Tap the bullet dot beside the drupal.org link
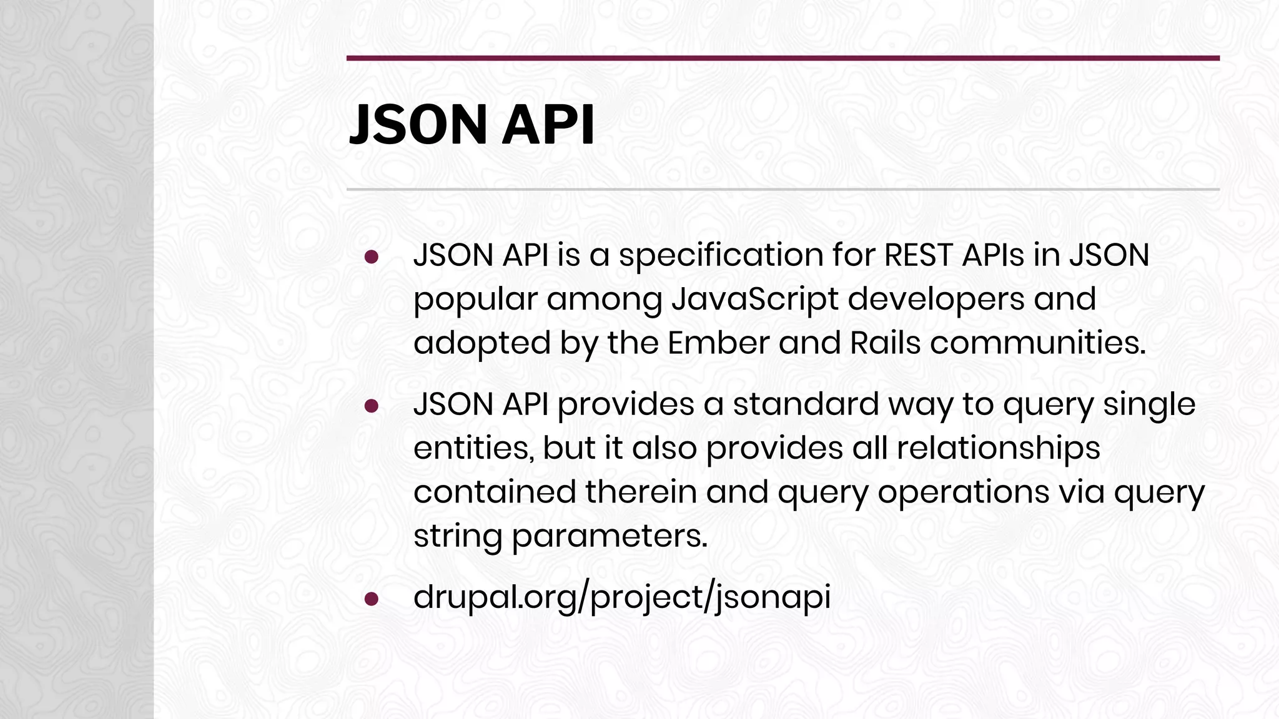(x=372, y=599)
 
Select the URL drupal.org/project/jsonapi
(x=621, y=597)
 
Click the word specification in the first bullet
(x=720, y=256)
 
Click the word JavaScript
(x=754, y=299)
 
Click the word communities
(x=1037, y=343)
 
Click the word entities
(x=473, y=448)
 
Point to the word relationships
(x=998, y=448)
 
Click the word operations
(x=963, y=492)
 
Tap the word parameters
(x=610, y=536)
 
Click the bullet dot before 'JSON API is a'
(x=372, y=257)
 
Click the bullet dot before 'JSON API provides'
(x=372, y=406)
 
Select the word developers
(x=936, y=299)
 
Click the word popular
(x=475, y=300)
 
